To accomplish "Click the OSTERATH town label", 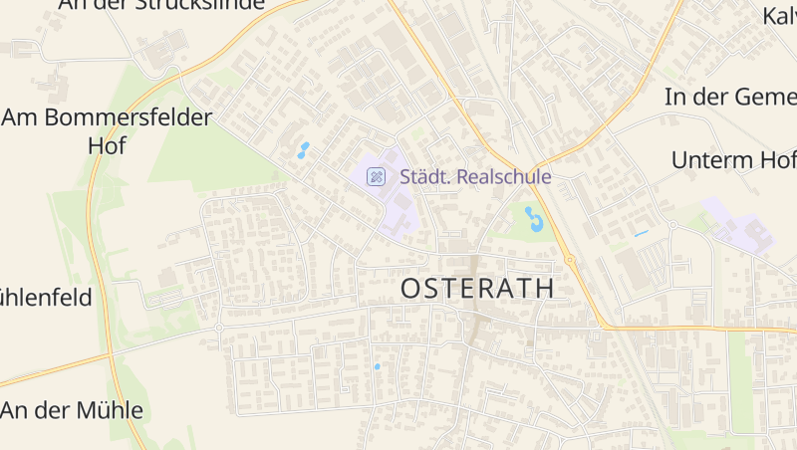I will [x=477, y=289].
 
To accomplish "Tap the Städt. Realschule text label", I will [x=475, y=177].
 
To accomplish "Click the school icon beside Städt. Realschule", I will [x=376, y=177].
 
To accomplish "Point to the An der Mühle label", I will [x=73, y=410].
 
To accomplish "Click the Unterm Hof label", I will [x=733, y=160].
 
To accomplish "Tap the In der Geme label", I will [x=730, y=97].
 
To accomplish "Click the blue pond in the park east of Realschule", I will [x=534, y=218].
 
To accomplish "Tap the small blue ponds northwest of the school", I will [x=301, y=150].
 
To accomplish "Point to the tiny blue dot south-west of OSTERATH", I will [x=377, y=366].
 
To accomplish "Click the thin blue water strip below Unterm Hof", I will [x=641, y=233].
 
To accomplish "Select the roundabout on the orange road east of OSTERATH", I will [x=570, y=261].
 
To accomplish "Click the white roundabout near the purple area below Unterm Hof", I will [x=672, y=226].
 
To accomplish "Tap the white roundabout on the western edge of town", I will [x=219, y=328].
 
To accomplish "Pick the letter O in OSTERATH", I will [x=411, y=289].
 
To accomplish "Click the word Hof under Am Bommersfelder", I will [x=108, y=146].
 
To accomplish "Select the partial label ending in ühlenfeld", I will [x=46, y=297].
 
